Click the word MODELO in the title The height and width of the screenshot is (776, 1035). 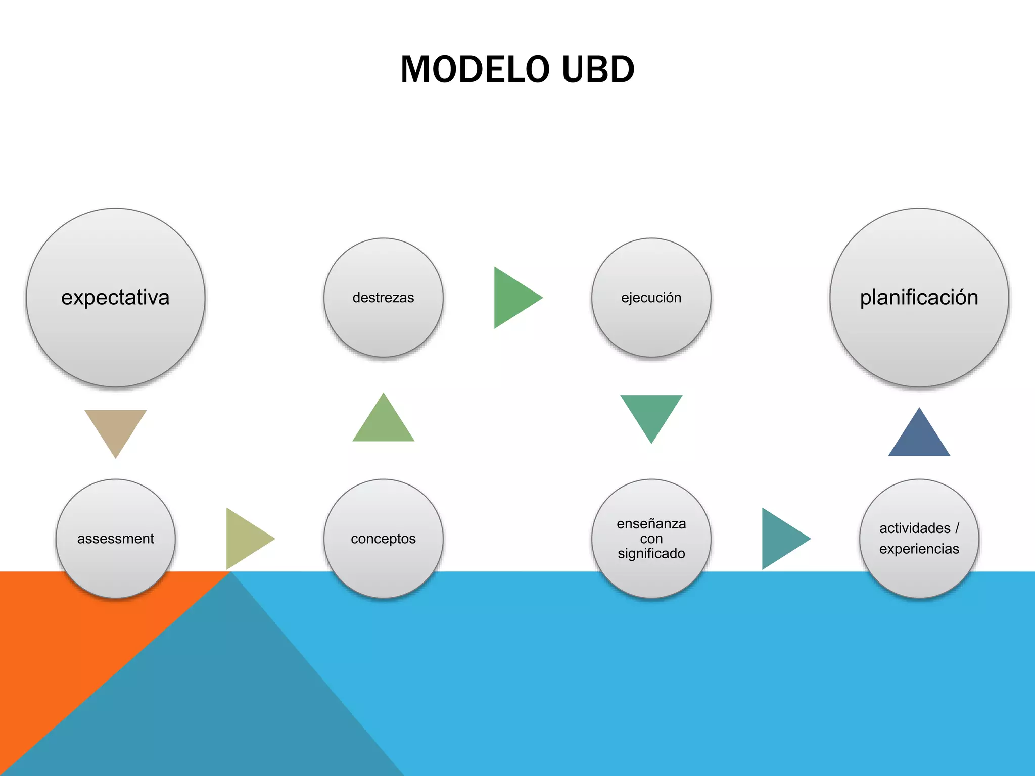[x=475, y=69]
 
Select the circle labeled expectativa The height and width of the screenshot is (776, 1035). [x=116, y=298]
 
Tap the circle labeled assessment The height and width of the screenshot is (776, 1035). [x=116, y=539]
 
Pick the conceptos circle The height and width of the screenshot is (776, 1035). [x=383, y=539]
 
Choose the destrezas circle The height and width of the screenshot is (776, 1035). [x=383, y=298]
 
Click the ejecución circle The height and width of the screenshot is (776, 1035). [x=651, y=298]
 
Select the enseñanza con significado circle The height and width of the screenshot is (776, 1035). [x=651, y=539]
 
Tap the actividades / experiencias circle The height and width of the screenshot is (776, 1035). [x=919, y=539]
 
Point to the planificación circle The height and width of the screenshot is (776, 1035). [x=919, y=298]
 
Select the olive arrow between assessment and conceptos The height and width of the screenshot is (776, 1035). [x=245, y=539]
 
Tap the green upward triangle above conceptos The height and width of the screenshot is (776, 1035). [x=383, y=423]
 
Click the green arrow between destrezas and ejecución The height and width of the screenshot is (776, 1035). [x=512, y=298]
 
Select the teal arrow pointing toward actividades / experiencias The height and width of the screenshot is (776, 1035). [x=781, y=539]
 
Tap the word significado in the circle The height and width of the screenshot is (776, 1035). [x=651, y=554]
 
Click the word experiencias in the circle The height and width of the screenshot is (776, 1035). [x=919, y=549]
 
